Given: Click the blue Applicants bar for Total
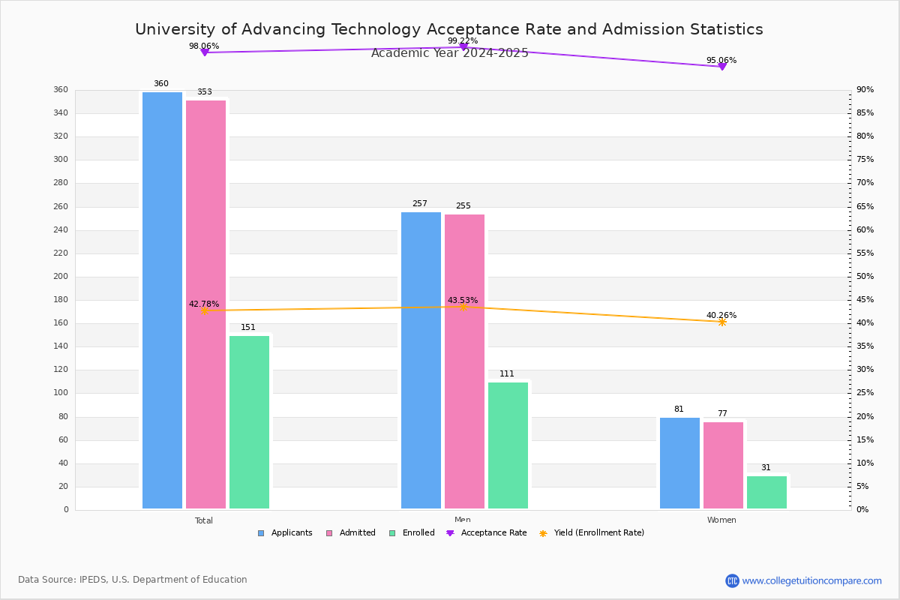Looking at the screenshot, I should pyautogui.click(x=162, y=300).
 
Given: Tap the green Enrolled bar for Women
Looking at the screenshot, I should pyautogui.click(x=766, y=492).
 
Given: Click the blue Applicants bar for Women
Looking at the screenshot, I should pyautogui.click(x=679, y=463).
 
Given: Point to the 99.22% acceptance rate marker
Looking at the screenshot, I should pyautogui.click(x=463, y=46).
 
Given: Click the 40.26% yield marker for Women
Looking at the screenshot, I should pyautogui.click(x=722, y=322).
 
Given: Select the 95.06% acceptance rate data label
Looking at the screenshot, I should pyautogui.click(x=721, y=60).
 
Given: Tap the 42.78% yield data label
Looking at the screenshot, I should pyautogui.click(x=204, y=304).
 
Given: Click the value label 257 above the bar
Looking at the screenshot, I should pyautogui.click(x=419, y=203).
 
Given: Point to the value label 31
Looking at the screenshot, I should pyautogui.click(x=766, y=467).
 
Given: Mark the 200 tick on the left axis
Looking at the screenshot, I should pyautogui.click(x=61, y=276).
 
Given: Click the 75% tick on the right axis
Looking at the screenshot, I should pyautogui.click(x=865, y=160).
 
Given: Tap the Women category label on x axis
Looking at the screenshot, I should pyautogui.click(x=721, y=520).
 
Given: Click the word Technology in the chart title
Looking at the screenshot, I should pyautogui.click(x=376, y=29).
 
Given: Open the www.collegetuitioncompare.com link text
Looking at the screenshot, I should pyautogui.click(x=811, y=580).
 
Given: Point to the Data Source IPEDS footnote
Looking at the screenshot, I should pyautogui.click(x=133, y=580).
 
